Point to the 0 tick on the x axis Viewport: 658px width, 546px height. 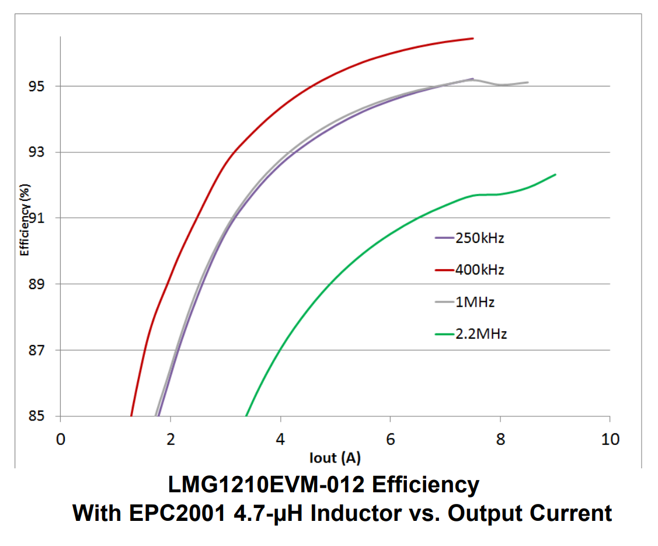(x=61, y=439)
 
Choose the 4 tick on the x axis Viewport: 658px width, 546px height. (x=280, y=439)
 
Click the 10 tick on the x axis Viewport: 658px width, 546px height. (x=610, y=439)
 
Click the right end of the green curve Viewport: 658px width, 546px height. (x=555, y=175)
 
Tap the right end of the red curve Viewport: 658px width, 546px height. (x=472, y=39)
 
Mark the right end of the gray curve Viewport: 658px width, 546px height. (x=528, y=82)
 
